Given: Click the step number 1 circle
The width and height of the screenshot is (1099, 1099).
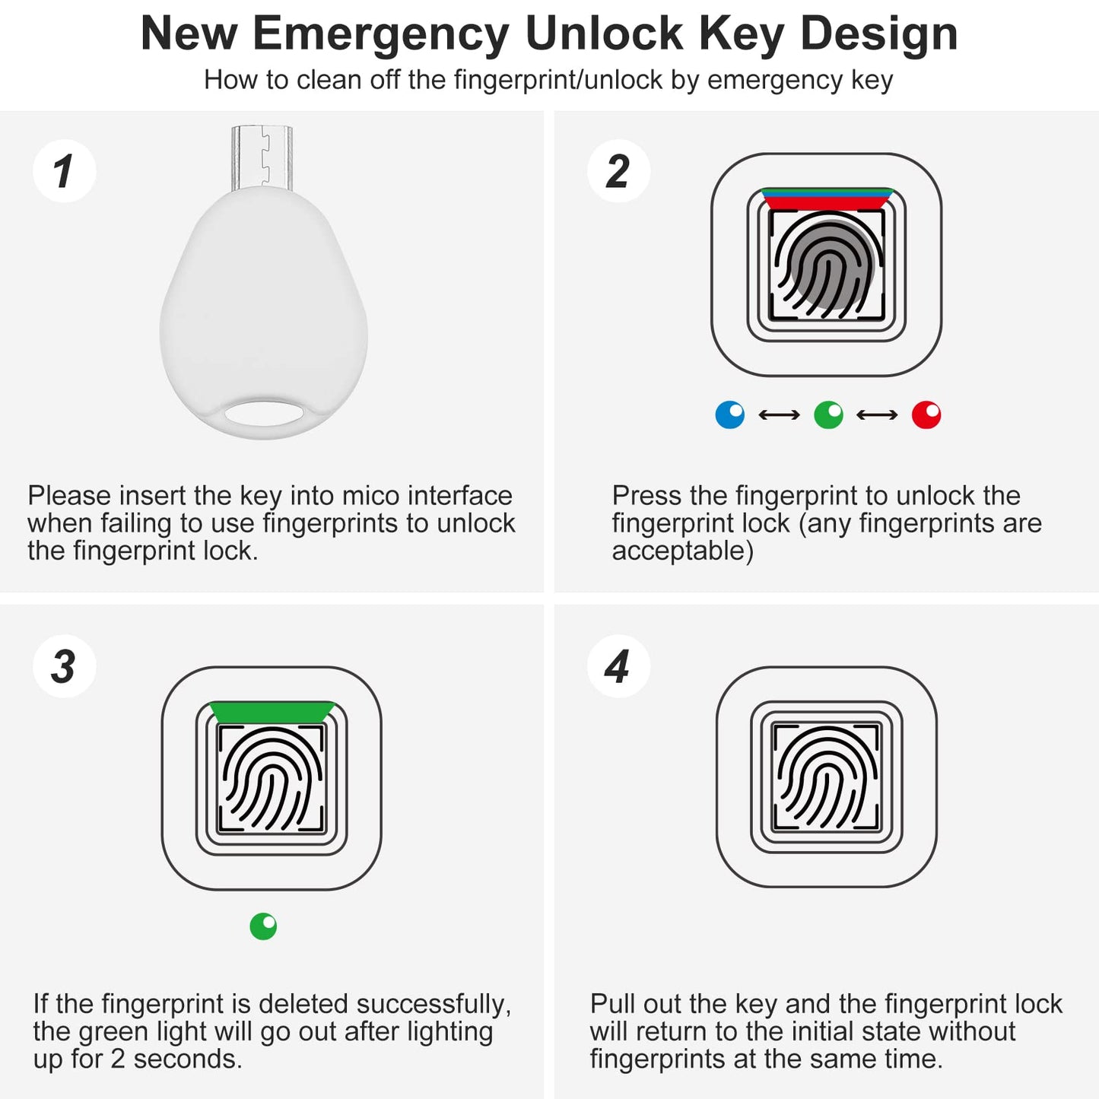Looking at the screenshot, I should (x=64, y=171).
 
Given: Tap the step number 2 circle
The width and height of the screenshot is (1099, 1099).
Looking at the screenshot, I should (x=618, y=171).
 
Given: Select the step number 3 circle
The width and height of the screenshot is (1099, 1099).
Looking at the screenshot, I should (x=64, y=666).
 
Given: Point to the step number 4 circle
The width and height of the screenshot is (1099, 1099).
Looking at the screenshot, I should (x=618, y=666).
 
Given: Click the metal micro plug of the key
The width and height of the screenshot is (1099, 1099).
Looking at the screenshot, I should (x=262, y=157).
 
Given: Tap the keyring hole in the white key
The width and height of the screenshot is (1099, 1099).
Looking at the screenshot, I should (x=263, y=414).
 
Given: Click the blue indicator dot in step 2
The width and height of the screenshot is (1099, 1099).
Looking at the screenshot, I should (x=730, y=415).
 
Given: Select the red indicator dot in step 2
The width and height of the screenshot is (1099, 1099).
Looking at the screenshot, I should (x=926, y=415).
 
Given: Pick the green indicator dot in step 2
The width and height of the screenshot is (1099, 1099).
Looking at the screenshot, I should (x=828, y=415).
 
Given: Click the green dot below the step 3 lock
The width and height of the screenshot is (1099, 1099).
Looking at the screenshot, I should (x=263, y=926).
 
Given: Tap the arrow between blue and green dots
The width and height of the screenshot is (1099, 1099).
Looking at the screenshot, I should (x=780, y=415).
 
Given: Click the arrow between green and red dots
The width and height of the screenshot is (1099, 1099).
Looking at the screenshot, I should (x=877, y=415).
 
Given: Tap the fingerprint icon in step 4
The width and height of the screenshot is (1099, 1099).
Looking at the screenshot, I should (x=826, y=777).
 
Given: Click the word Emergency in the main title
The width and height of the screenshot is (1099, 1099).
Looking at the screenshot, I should (x=380, y=34).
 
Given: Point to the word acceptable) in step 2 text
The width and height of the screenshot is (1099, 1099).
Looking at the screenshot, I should (x=682, y=551).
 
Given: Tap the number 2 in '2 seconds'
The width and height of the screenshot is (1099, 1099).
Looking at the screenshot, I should (x=117, y=1059).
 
